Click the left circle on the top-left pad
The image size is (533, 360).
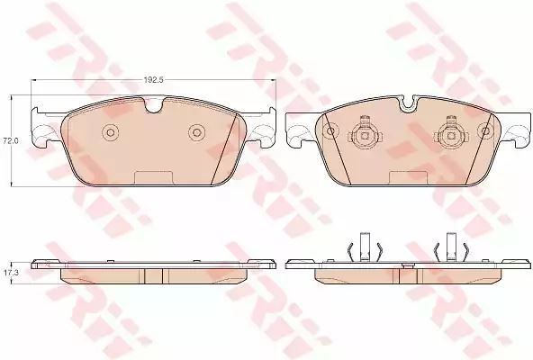[110, 131]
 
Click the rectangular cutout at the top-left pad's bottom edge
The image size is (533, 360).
[153, 178]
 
